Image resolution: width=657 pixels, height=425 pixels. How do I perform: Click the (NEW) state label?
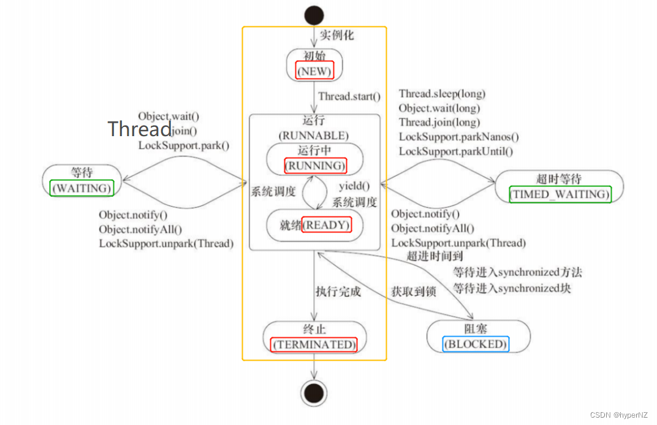tap(314, 71)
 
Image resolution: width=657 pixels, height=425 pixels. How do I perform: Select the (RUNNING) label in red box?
tap(315, 166)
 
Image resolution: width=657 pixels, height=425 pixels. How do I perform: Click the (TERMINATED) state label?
tap(314, 344)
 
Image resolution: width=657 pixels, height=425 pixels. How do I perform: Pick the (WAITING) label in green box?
tap(82, 188)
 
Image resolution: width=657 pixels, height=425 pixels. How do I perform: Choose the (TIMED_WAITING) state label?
tap(560, 194)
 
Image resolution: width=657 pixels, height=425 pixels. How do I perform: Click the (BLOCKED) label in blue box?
tap(476, 344)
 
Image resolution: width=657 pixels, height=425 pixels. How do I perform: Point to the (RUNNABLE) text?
tap(314, 135)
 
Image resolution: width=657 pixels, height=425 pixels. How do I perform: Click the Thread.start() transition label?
tap(349, 96)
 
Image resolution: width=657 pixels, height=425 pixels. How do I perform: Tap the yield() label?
tap(355, 186)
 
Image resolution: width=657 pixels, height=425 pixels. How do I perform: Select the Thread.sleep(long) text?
tap(442, 94)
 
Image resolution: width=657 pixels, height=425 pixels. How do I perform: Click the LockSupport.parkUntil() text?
tap(456, 151)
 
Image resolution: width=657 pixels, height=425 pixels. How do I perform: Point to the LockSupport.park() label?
tap(184, 145)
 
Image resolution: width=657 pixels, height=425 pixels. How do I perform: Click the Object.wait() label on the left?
tap(169, 116)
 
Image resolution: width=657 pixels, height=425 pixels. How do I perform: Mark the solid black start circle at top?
tap(314, 14)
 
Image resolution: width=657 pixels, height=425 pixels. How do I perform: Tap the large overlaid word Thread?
tap(140, 129)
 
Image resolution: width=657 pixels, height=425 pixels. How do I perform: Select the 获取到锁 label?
tap(414, 291)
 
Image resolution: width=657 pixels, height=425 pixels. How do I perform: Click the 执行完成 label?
tap(338, 291)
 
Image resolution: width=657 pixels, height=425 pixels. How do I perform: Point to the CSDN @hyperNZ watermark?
tap(620, 415)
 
